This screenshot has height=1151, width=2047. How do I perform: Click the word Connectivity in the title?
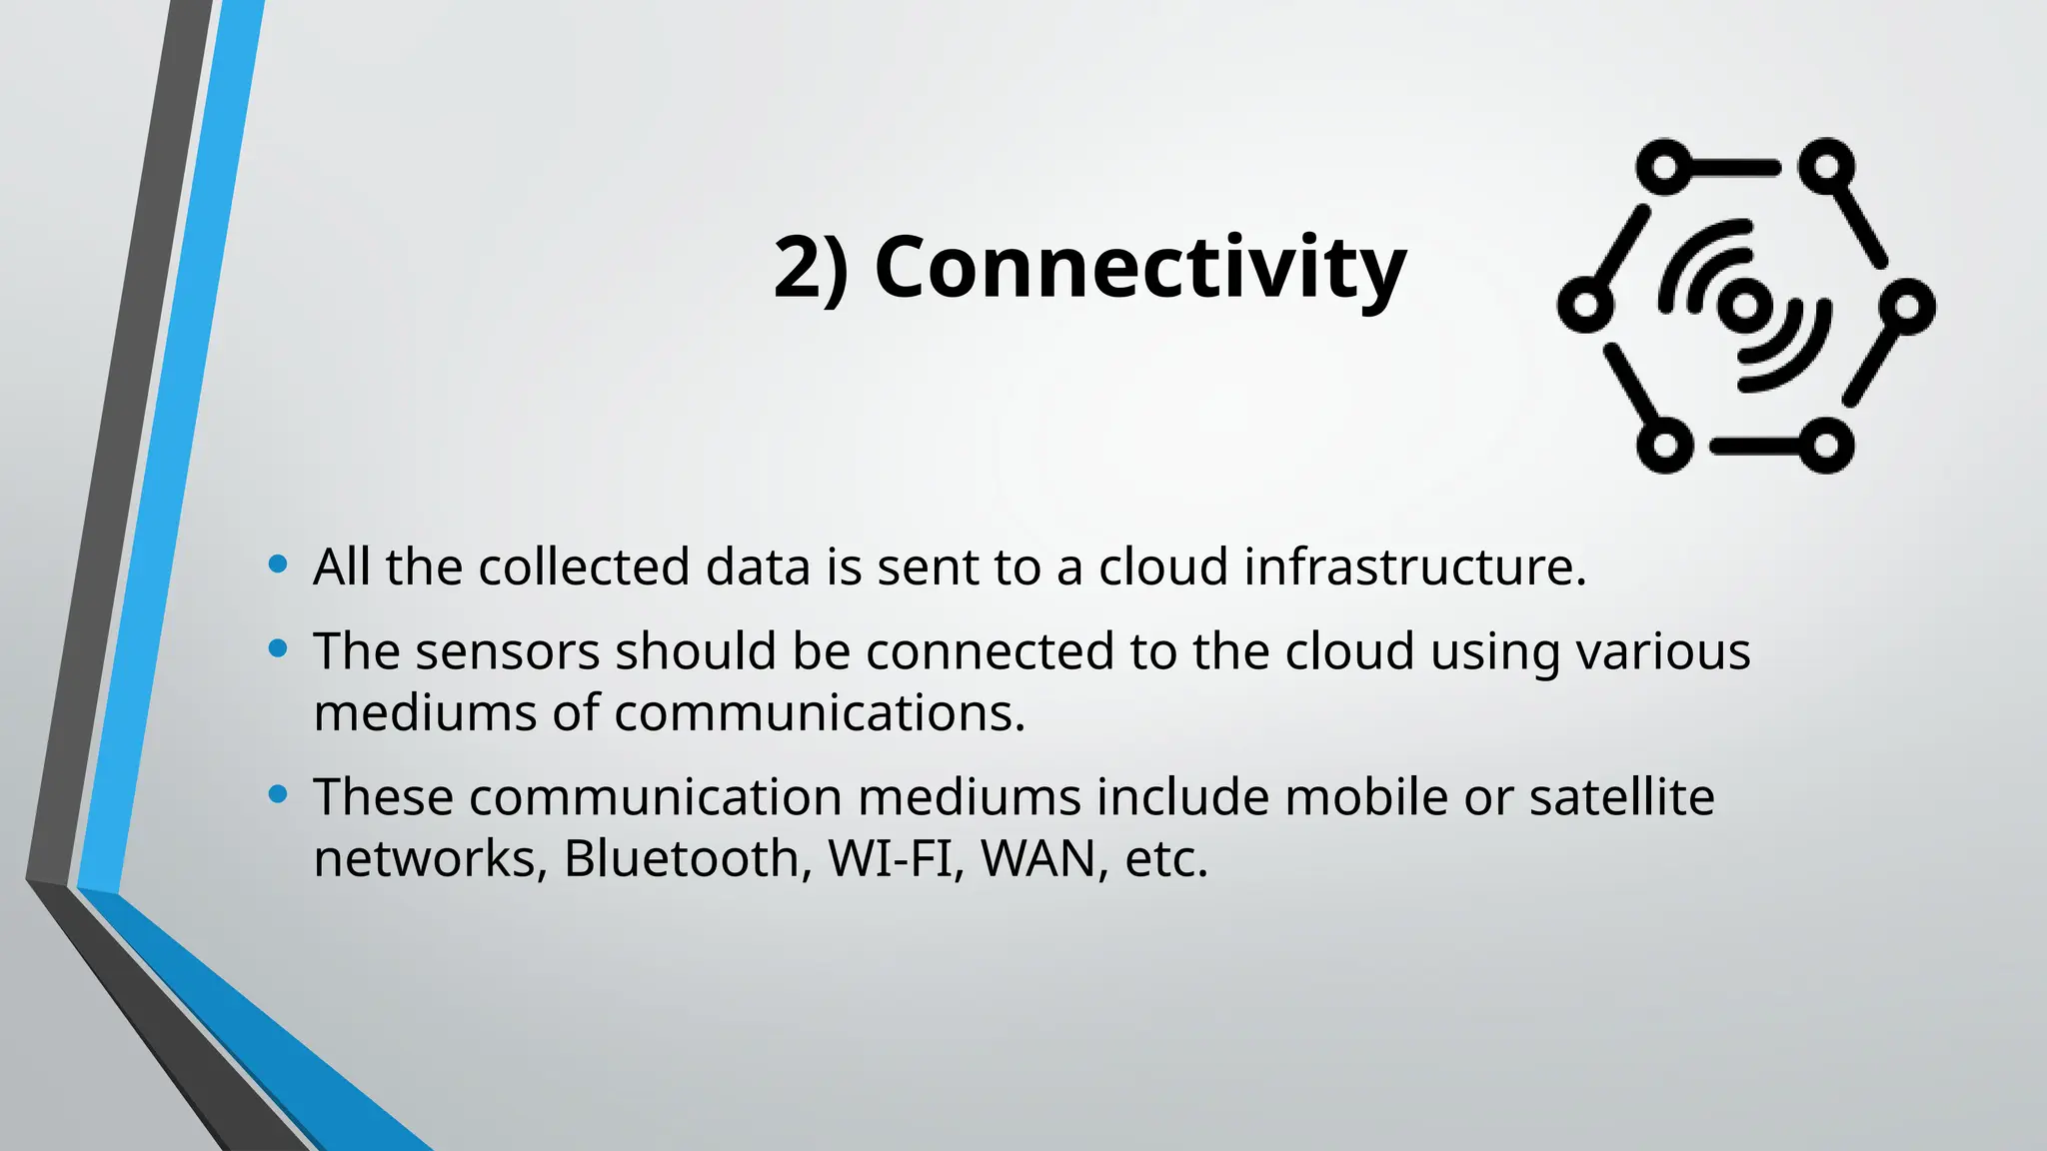point(1139,268)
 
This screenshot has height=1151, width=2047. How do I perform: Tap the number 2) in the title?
point(811,268)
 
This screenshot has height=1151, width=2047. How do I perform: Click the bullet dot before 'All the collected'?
point(279,566)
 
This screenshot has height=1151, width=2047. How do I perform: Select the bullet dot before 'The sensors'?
point(279,649)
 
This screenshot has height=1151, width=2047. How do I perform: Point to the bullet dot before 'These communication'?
point(279,795)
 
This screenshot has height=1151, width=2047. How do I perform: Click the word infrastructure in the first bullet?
point(1414,567)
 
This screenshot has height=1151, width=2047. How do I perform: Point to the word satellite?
point(1621,797)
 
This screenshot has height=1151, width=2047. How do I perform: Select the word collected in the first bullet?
point(584,567)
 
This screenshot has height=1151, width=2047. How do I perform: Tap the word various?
point(1663,651)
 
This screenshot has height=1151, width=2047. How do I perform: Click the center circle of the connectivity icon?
point(1744,305)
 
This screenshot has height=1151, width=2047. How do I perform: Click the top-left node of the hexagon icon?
point(1664,167)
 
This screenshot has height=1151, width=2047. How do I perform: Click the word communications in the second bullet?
point(820,713)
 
